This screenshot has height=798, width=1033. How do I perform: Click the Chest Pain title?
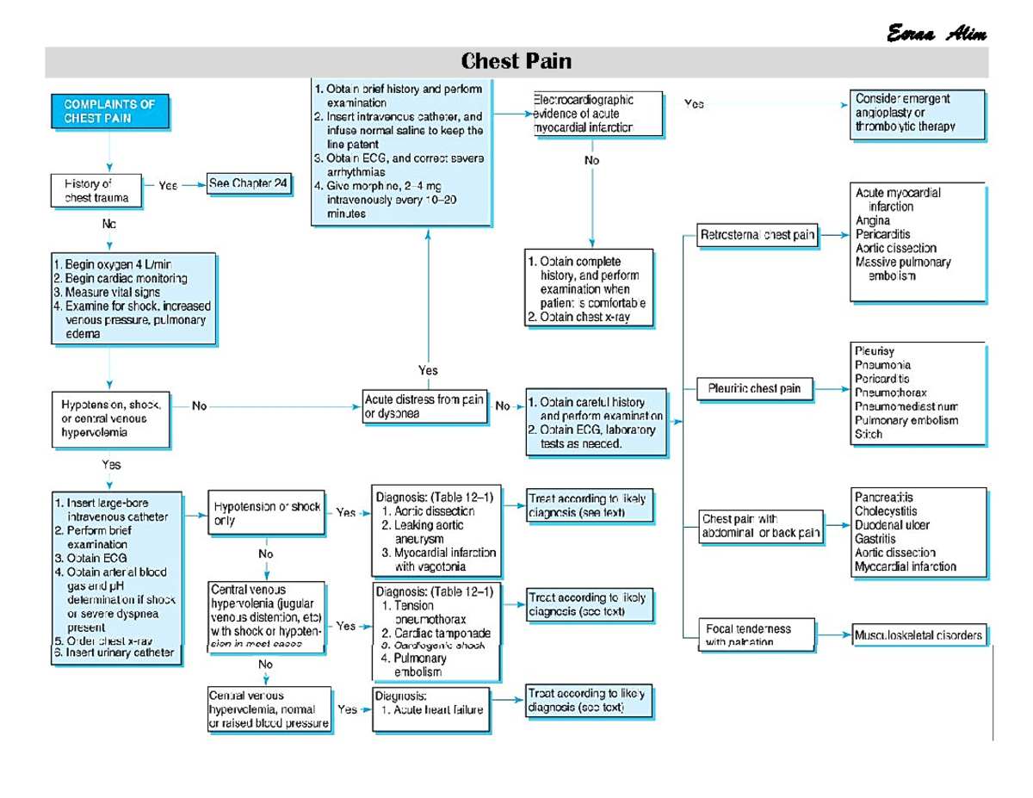tap(516, 62)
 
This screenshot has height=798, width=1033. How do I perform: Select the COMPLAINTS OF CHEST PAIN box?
tap(108, 111)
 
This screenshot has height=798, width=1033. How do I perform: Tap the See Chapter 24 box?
tap(249, 185)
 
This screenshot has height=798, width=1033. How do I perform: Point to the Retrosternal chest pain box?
tap(758, 234)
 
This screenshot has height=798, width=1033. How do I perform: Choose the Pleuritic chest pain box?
tap(754, 388)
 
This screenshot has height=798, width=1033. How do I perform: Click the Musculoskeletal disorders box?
tap(918, 635)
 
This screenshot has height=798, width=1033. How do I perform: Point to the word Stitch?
tap(869, 434)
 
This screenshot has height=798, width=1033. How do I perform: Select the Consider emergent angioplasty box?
tap(916, 112)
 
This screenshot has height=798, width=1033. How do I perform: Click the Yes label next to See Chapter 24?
tap(169, 185)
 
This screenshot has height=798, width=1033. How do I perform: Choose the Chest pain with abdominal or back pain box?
tap(762, 526)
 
